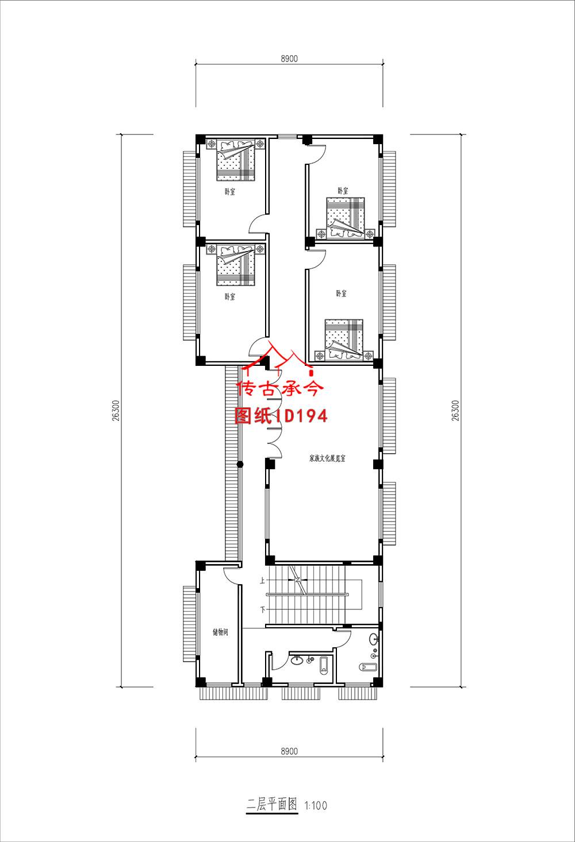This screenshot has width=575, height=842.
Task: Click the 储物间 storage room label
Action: pos(221,632)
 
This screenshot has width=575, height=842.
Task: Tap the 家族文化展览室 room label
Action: pos(327,458)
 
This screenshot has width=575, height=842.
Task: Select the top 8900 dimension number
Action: pos(289,59)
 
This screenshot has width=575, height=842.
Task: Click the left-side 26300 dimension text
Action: pos(116,411)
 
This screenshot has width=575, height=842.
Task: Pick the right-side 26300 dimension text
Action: pos(455,411)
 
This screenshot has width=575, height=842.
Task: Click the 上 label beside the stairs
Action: pos(262,581)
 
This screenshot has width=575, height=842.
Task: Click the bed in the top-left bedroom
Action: pos(236,160)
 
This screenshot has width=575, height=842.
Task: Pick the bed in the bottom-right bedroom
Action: pos(344,340)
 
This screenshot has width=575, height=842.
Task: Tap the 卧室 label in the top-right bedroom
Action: pos(343,191)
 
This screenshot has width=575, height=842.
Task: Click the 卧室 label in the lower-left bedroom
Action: pos(229,297)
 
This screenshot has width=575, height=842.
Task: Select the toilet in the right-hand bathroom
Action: pos(368,667)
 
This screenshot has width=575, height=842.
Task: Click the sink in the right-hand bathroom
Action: pos(374,638)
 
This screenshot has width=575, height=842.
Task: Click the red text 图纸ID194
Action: pos(281,416)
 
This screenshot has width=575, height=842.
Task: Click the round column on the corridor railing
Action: pos(240,465)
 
